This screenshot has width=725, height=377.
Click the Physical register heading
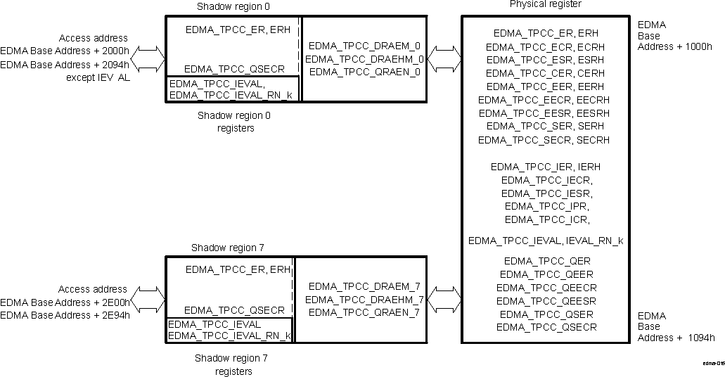click(x=545, y=4)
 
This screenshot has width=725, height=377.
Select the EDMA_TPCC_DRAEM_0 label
click(x=364, y=46)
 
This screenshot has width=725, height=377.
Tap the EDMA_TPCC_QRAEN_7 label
click(x=364, y=312)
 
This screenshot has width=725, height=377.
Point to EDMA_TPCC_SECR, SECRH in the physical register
click(x=544, y=140)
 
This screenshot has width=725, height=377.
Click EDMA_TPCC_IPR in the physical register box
click(x=546, y=206)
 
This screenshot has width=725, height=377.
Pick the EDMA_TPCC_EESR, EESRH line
click(x=544, y=113)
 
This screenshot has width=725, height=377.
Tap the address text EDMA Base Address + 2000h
click(x=65, y=51)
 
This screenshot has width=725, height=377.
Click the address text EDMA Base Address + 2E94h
click(x=65, y=314)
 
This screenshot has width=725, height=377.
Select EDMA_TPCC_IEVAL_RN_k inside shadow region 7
click(x=229, y=336)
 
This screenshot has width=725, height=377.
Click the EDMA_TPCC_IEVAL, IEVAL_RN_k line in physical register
click(x=546, y=241)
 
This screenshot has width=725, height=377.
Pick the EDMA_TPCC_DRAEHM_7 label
click(x=364, y=300)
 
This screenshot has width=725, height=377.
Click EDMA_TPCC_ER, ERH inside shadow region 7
click(x=238, y=269)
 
